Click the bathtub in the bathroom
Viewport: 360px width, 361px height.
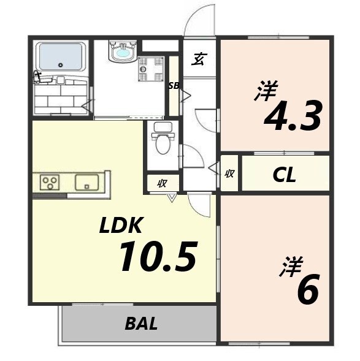click(61, 56)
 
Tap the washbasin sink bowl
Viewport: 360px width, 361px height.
click(123, 53)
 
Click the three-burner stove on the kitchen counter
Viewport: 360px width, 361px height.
click(50, 183)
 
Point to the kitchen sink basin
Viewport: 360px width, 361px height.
click(86, 183)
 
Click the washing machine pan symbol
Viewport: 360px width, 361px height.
click(151, 69)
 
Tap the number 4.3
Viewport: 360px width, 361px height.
click(293, 116)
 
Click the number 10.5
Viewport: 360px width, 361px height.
click(158, 256)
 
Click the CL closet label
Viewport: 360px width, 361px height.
click(284, 175)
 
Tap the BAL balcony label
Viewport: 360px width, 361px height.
click(141, 324)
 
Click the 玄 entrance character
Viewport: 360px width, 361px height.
click(199, 59)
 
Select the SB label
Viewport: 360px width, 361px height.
click(174, 86)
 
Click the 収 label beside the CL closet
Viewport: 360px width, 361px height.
click(229, 173)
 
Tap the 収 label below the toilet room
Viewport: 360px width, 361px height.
click(163, 183)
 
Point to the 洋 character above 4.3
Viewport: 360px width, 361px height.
click(266, 90)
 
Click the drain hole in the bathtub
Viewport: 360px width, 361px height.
click(61, 65)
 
